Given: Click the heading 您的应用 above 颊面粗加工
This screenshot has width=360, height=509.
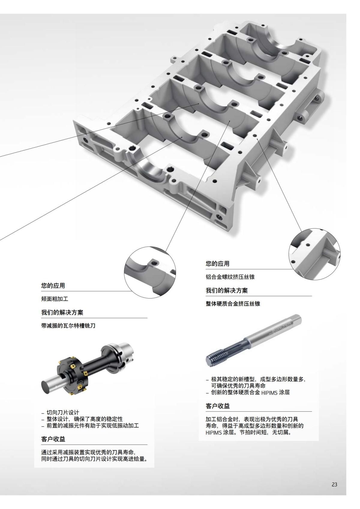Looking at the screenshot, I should tap(53, 286).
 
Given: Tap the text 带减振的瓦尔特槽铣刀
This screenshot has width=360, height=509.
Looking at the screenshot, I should tap(68, 325).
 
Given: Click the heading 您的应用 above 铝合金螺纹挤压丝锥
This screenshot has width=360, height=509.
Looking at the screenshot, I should tap(217, 264).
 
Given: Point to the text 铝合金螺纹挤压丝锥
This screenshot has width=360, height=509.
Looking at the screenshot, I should tap(230, 277).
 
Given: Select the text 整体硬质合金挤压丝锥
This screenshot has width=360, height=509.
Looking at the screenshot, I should tap(233, 304).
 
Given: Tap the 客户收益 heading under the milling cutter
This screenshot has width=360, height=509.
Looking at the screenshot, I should tap(53, 439).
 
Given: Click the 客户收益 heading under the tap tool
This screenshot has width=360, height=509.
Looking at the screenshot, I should tap(217, 406).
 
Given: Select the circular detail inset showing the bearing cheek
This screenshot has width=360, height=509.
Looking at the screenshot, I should tap(150, 272).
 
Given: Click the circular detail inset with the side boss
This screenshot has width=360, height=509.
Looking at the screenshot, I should tap(314, 254).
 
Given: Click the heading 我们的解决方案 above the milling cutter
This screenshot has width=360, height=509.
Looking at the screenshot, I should tap(62, 312).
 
